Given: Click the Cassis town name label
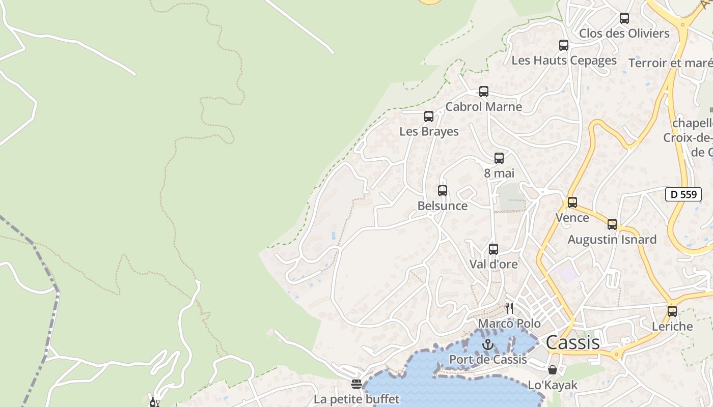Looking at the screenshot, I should click(x=573, y=342).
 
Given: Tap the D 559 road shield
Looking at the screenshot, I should click(x=683, y=194).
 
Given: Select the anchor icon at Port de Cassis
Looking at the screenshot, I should click(x=488, y=345).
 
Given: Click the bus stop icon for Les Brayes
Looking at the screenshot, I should click(x=429, y=117).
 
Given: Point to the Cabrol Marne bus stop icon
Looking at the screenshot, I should click(x=484, y=92).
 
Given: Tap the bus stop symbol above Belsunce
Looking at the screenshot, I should click(x=443, y=191).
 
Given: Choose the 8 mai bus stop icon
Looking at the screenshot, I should click(x=499, y=158).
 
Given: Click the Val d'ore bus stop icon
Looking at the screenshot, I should click(x=493, y=249).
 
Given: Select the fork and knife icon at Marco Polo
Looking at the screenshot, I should click(x=509, y=308).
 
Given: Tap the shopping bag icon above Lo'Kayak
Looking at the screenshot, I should click(x=553, y=370).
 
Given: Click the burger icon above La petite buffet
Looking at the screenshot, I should click(x=356, y=384).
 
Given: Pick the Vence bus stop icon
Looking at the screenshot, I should click(x=572, y=202).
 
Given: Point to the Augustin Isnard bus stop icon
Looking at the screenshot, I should click(x=612, y=224).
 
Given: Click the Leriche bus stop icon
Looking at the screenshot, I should click(x=672, y=311).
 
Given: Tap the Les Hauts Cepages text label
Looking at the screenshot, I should click(x=564, y=60).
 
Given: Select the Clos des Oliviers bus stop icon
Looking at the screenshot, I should click(x=624, y=18).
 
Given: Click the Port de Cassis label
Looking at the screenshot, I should click(x=488, y=359).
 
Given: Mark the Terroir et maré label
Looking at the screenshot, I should click(x=670, y=63).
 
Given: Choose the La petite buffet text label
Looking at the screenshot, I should click(x=356, y=399).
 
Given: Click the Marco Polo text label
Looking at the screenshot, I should click(x=509, y=324).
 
